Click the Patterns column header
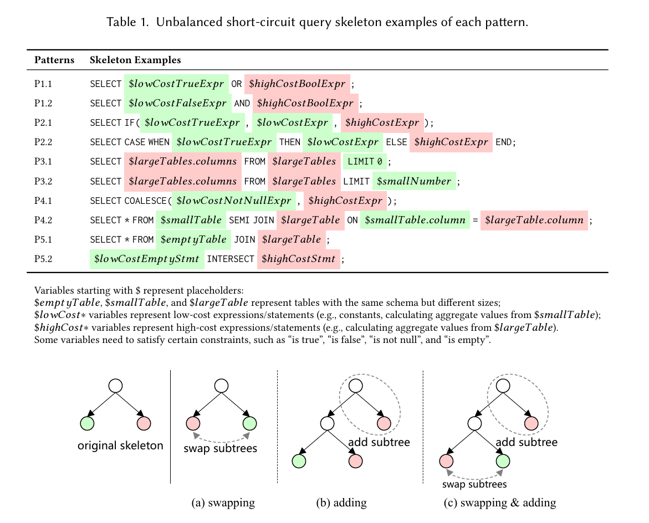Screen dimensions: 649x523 tap(54, 60)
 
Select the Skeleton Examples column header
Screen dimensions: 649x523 tap(135, 60)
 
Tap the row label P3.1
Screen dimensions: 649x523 tap(43, 161)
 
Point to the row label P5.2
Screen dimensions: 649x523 tap(43, 259)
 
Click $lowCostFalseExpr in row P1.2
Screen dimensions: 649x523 tap(177, 103)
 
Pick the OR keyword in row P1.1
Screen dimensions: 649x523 tap(236, 84)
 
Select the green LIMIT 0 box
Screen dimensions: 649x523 tap(365, 161)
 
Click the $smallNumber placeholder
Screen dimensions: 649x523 tap(414, 181)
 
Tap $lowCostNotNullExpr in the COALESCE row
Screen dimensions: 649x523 tap(234, 201)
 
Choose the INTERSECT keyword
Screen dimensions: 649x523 tap(231, 259)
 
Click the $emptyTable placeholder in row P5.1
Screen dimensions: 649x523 tap(193, 239)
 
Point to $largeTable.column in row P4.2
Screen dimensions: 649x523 tap(534, 220)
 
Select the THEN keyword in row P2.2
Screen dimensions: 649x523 tap(290, 142)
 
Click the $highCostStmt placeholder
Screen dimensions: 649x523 tap(298, 259)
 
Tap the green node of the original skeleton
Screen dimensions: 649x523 tap(87, 423)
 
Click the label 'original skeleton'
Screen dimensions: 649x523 tap(120, 445)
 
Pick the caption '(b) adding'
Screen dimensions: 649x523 tap(341, 503)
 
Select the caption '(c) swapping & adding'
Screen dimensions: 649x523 tap(499, 503)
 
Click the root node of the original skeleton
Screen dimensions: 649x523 tap(115, 386)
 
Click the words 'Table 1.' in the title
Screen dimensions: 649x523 tap(127, 22)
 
